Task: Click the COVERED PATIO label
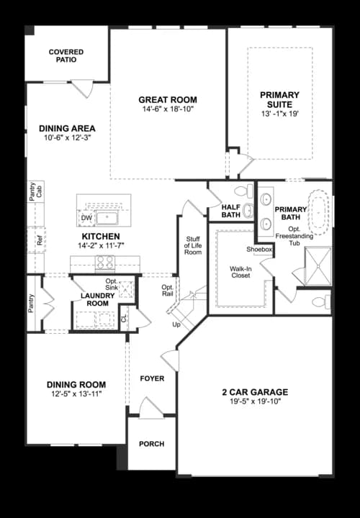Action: (x=66, y=56)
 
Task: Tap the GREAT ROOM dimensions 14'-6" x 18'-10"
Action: (x=168, y=109)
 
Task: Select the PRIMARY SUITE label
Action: (x=280, y=99)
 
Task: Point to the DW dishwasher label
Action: (x=86, y=217)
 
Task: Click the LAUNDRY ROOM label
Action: (x=94, y=299)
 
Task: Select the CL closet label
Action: (x=123, y=317)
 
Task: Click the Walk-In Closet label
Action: (x=240, y=271)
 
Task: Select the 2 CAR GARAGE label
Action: (x=255, y=392)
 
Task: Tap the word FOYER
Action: (x=152, y=378)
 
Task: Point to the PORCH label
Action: (x=151, y=444)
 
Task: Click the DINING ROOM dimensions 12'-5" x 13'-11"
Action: (x=76, y=394)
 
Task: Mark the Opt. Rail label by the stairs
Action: (x=167, y=291)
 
